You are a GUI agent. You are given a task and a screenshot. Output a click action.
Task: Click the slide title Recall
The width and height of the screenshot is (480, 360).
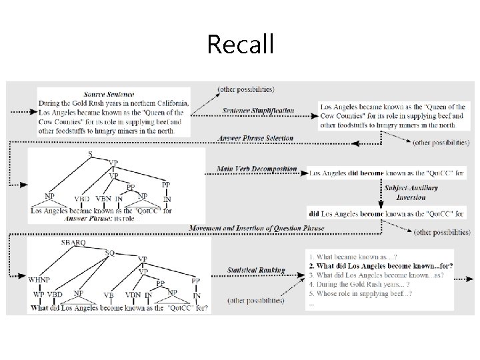tap(240, 44)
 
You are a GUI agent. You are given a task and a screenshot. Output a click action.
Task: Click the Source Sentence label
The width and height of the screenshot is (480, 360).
tap(109, 95)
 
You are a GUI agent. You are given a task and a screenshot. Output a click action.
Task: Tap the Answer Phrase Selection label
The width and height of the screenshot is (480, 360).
tap(255, 137)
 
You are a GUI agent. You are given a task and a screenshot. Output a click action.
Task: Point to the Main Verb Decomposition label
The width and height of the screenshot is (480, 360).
tap(257, 169)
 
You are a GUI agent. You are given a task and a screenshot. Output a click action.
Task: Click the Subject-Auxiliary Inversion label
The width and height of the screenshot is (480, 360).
tap(411, 192)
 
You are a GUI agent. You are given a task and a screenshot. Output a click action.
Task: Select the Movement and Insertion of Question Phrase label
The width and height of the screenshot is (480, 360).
tap(257, 228)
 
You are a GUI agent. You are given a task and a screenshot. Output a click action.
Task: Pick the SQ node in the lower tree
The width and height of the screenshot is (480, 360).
tap(110, 253)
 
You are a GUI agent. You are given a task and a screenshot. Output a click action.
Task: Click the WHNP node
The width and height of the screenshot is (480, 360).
tap(39, 281)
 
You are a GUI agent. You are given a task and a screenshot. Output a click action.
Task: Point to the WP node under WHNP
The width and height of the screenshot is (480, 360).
tap(38, 295)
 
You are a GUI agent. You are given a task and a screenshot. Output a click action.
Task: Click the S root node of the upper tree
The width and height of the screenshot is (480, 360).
tap(91, 154)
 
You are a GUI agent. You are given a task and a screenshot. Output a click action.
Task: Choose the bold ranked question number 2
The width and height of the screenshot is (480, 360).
tap(381, 266)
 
